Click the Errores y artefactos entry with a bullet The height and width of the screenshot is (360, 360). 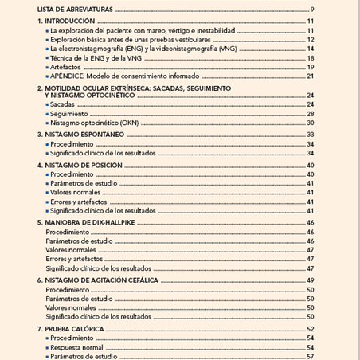click(x=80, y=202)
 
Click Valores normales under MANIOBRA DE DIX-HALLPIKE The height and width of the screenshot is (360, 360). click(x=71, y=250)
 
